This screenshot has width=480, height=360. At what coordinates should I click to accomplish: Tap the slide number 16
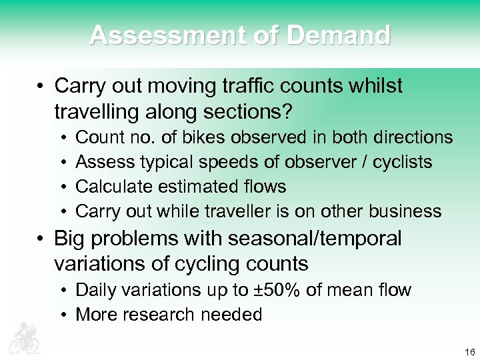click(x=469, y=352)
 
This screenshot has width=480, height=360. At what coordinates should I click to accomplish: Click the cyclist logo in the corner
click(x=24, y=338)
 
